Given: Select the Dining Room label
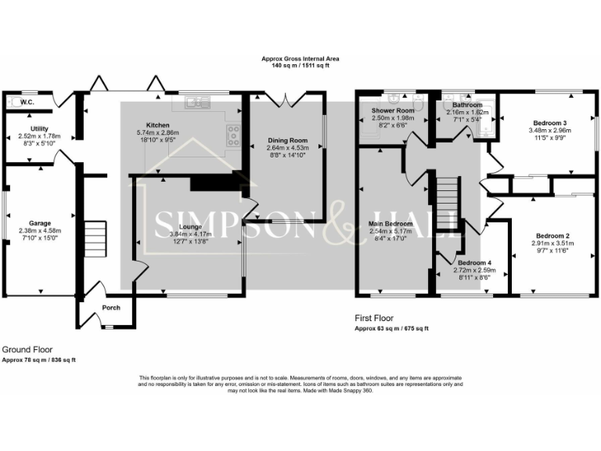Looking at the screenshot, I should [x=287, y=139].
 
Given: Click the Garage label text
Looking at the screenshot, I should [x=40, y=222].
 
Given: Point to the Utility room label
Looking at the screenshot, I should [x=39, y=128].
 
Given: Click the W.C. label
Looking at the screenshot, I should [x=27, y=102].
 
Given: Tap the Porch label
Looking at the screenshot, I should [x=111, y=308].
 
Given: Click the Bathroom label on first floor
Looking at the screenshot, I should [x=466, y=105].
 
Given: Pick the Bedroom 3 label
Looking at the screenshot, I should [x=549, y=123].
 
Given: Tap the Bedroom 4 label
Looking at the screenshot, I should [x=475, y=262].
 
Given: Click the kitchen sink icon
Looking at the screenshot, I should [x=197, y=101].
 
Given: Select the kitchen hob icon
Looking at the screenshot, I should [x=234, y=135].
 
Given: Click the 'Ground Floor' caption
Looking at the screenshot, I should [x=29, y=349].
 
